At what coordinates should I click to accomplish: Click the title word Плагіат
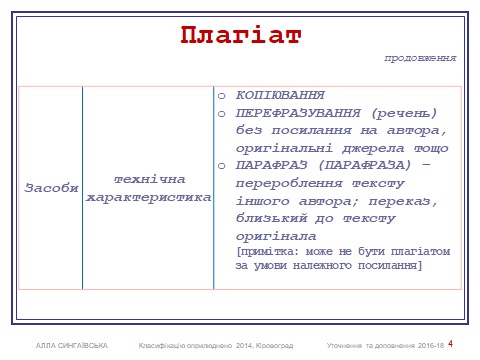click(x=240, y=34)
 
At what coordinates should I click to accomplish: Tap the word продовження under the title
click(x=421, y=58)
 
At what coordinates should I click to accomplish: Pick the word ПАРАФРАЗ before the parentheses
click(x=271, y=166)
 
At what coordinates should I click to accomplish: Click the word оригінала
click(x=276, y=234)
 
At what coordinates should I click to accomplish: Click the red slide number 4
click(x=450, y=344)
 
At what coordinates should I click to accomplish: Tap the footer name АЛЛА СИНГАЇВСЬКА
click(x=71, y=346)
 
